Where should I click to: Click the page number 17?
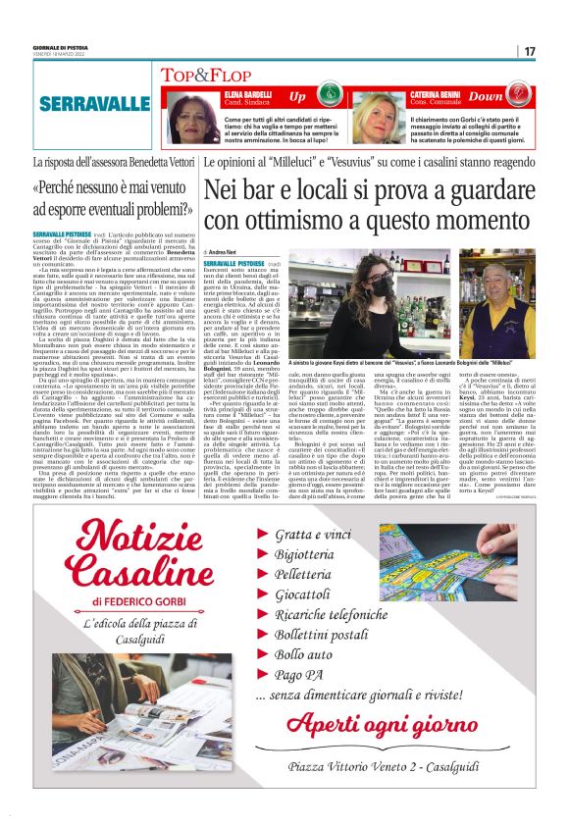[529, 51]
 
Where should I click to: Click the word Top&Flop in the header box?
[191, 75]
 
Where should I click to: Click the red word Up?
[297, 97]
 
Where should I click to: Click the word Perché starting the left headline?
[85, 188]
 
